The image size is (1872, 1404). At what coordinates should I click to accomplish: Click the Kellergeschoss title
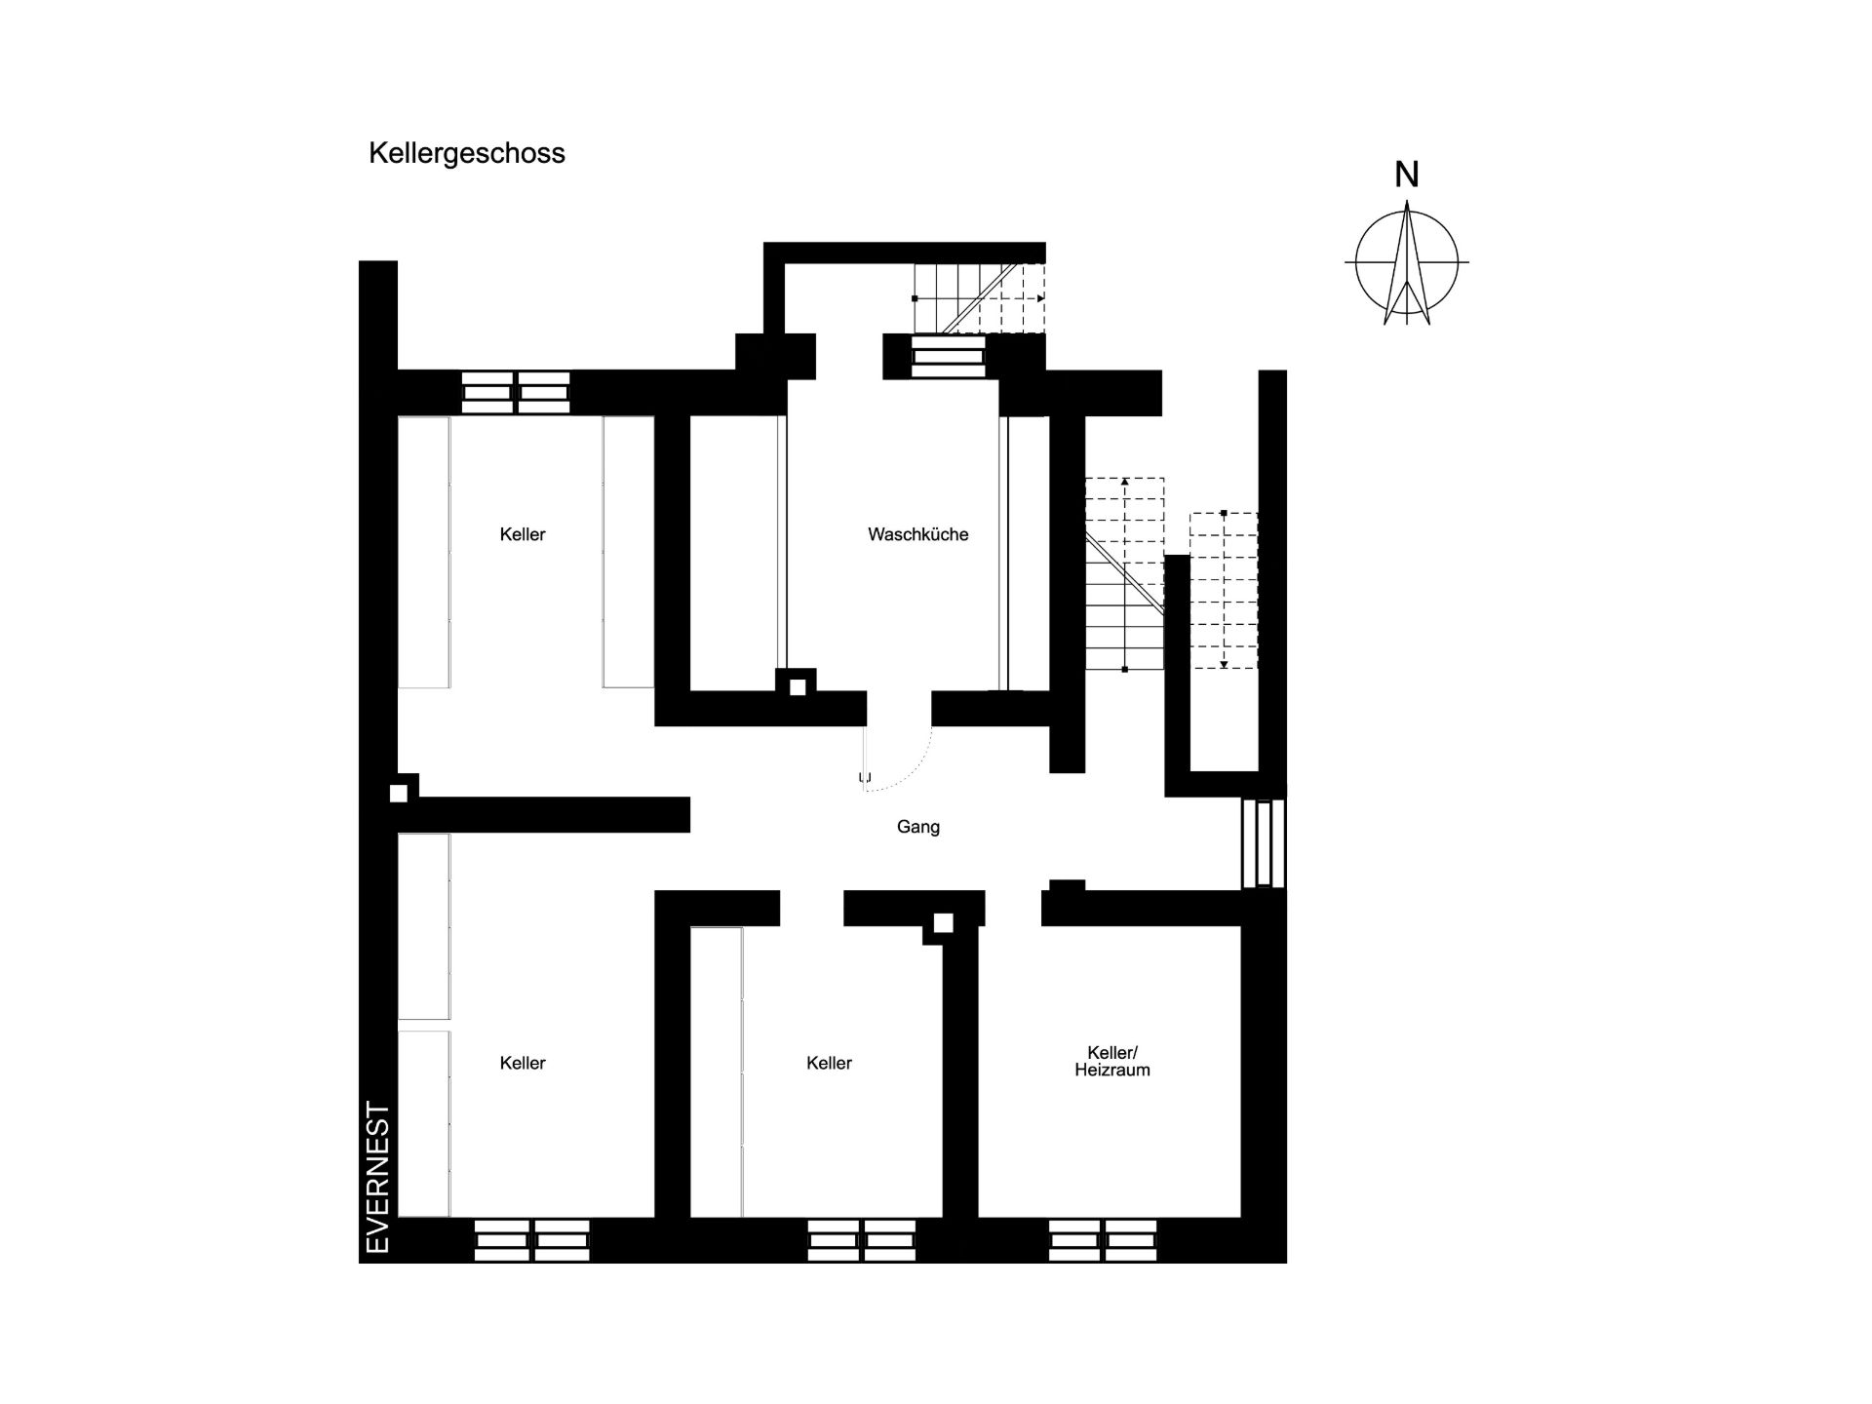[466, 154]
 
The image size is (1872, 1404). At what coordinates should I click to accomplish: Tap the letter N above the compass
[1406, 175]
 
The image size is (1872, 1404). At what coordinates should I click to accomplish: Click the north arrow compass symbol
[1407, 262]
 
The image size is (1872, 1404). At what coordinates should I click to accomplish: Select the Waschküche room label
[918, 534]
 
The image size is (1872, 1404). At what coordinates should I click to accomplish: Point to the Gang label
[918, 827]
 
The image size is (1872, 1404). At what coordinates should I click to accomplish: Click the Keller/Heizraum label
[1112, 1061]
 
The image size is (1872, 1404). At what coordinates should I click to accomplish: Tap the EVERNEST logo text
[377, 1177]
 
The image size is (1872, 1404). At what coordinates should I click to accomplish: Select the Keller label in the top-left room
[523, 534]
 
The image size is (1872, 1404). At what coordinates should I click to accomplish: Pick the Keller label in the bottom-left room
[523, 1063]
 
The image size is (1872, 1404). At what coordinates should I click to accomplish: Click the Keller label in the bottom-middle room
[830, 1063]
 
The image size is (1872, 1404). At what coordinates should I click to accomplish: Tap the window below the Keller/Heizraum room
[1103, 1240]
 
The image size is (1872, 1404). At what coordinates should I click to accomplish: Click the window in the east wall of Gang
[1264, 843]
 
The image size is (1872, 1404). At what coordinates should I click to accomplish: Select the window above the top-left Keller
[516, 392]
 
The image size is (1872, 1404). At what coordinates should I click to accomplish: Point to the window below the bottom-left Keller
[532, 1240]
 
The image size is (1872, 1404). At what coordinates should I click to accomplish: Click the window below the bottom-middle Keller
[862, 1240]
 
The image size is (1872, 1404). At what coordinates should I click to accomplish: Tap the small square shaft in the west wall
[399, 794]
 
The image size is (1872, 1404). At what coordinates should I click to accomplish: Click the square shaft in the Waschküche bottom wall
[798, 687]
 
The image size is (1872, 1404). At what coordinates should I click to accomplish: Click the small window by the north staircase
[948, 357]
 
